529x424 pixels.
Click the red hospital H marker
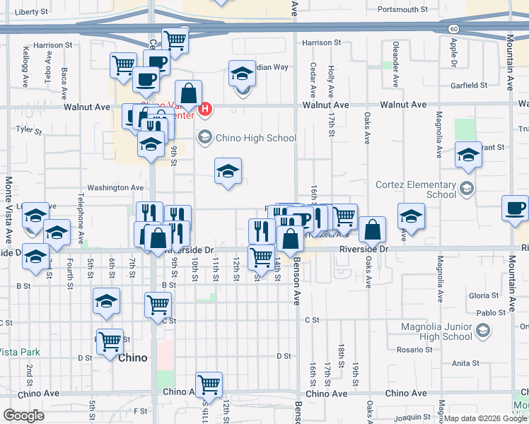(x=205, y=110)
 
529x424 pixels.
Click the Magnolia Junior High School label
(x=436, y=331)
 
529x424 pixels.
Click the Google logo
(x=24, y=416)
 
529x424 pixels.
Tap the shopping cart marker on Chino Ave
(x=209, y=384)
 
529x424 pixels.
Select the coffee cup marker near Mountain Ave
(x=515, y=208)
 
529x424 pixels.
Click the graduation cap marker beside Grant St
(x=467, y=155)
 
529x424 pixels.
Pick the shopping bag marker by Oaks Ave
(x=372, y=230)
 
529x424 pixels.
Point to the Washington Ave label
(x=115, y=188)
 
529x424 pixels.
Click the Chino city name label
(x=133, y=358)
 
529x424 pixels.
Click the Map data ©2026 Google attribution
(x=485, y=418)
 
